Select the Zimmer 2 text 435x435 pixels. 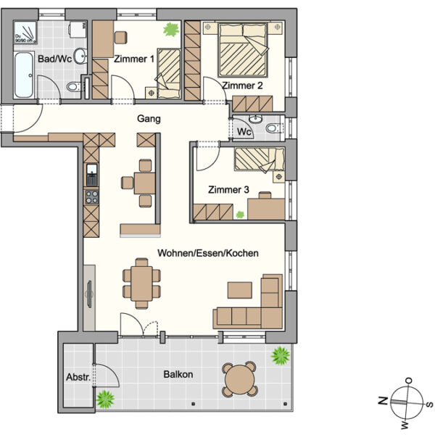click(243, 86)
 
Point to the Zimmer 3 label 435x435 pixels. click(228, 190)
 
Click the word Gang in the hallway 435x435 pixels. click(148, 119)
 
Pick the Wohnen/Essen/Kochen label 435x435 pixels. click(209, 253)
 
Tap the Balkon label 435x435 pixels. click(178, 375)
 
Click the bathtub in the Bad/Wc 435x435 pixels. click(23, 75)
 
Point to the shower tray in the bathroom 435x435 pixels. click(26, 33)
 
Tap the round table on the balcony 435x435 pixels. click(239, 378)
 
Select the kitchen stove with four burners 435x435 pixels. click(91, 196)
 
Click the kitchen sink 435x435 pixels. click(91, 173)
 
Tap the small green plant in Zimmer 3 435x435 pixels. click(240, 214)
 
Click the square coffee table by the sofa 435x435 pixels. click(240, 289)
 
